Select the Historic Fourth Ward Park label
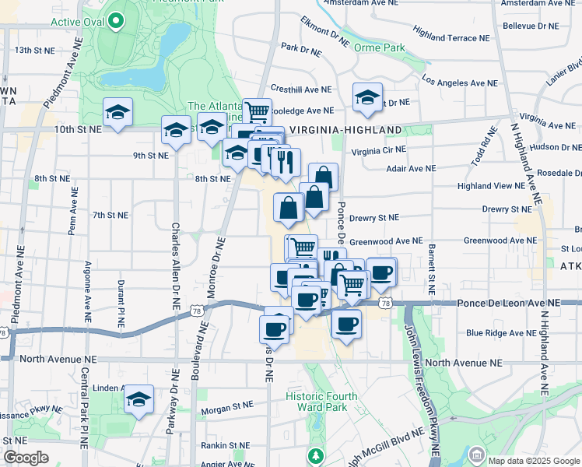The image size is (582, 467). (x=321, y=402)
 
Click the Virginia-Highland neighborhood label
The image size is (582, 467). (x=345, y=130)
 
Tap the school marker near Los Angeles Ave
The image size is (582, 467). (x=367, y=97)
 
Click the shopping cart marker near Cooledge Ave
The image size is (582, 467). (x=257, y=112)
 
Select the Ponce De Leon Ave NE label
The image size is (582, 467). (x=508, y=303)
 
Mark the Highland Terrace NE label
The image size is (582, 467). (x=452, y=34)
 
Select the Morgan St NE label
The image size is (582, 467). (x=227, y=406)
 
